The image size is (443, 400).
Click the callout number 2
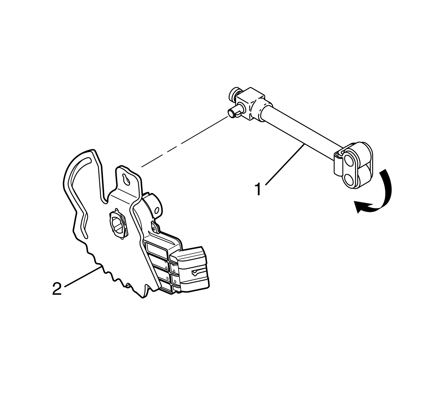[x=57, y=289]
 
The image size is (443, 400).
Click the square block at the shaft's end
[x=250, y=104]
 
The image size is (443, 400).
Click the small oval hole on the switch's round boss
[x=158, y=210]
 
